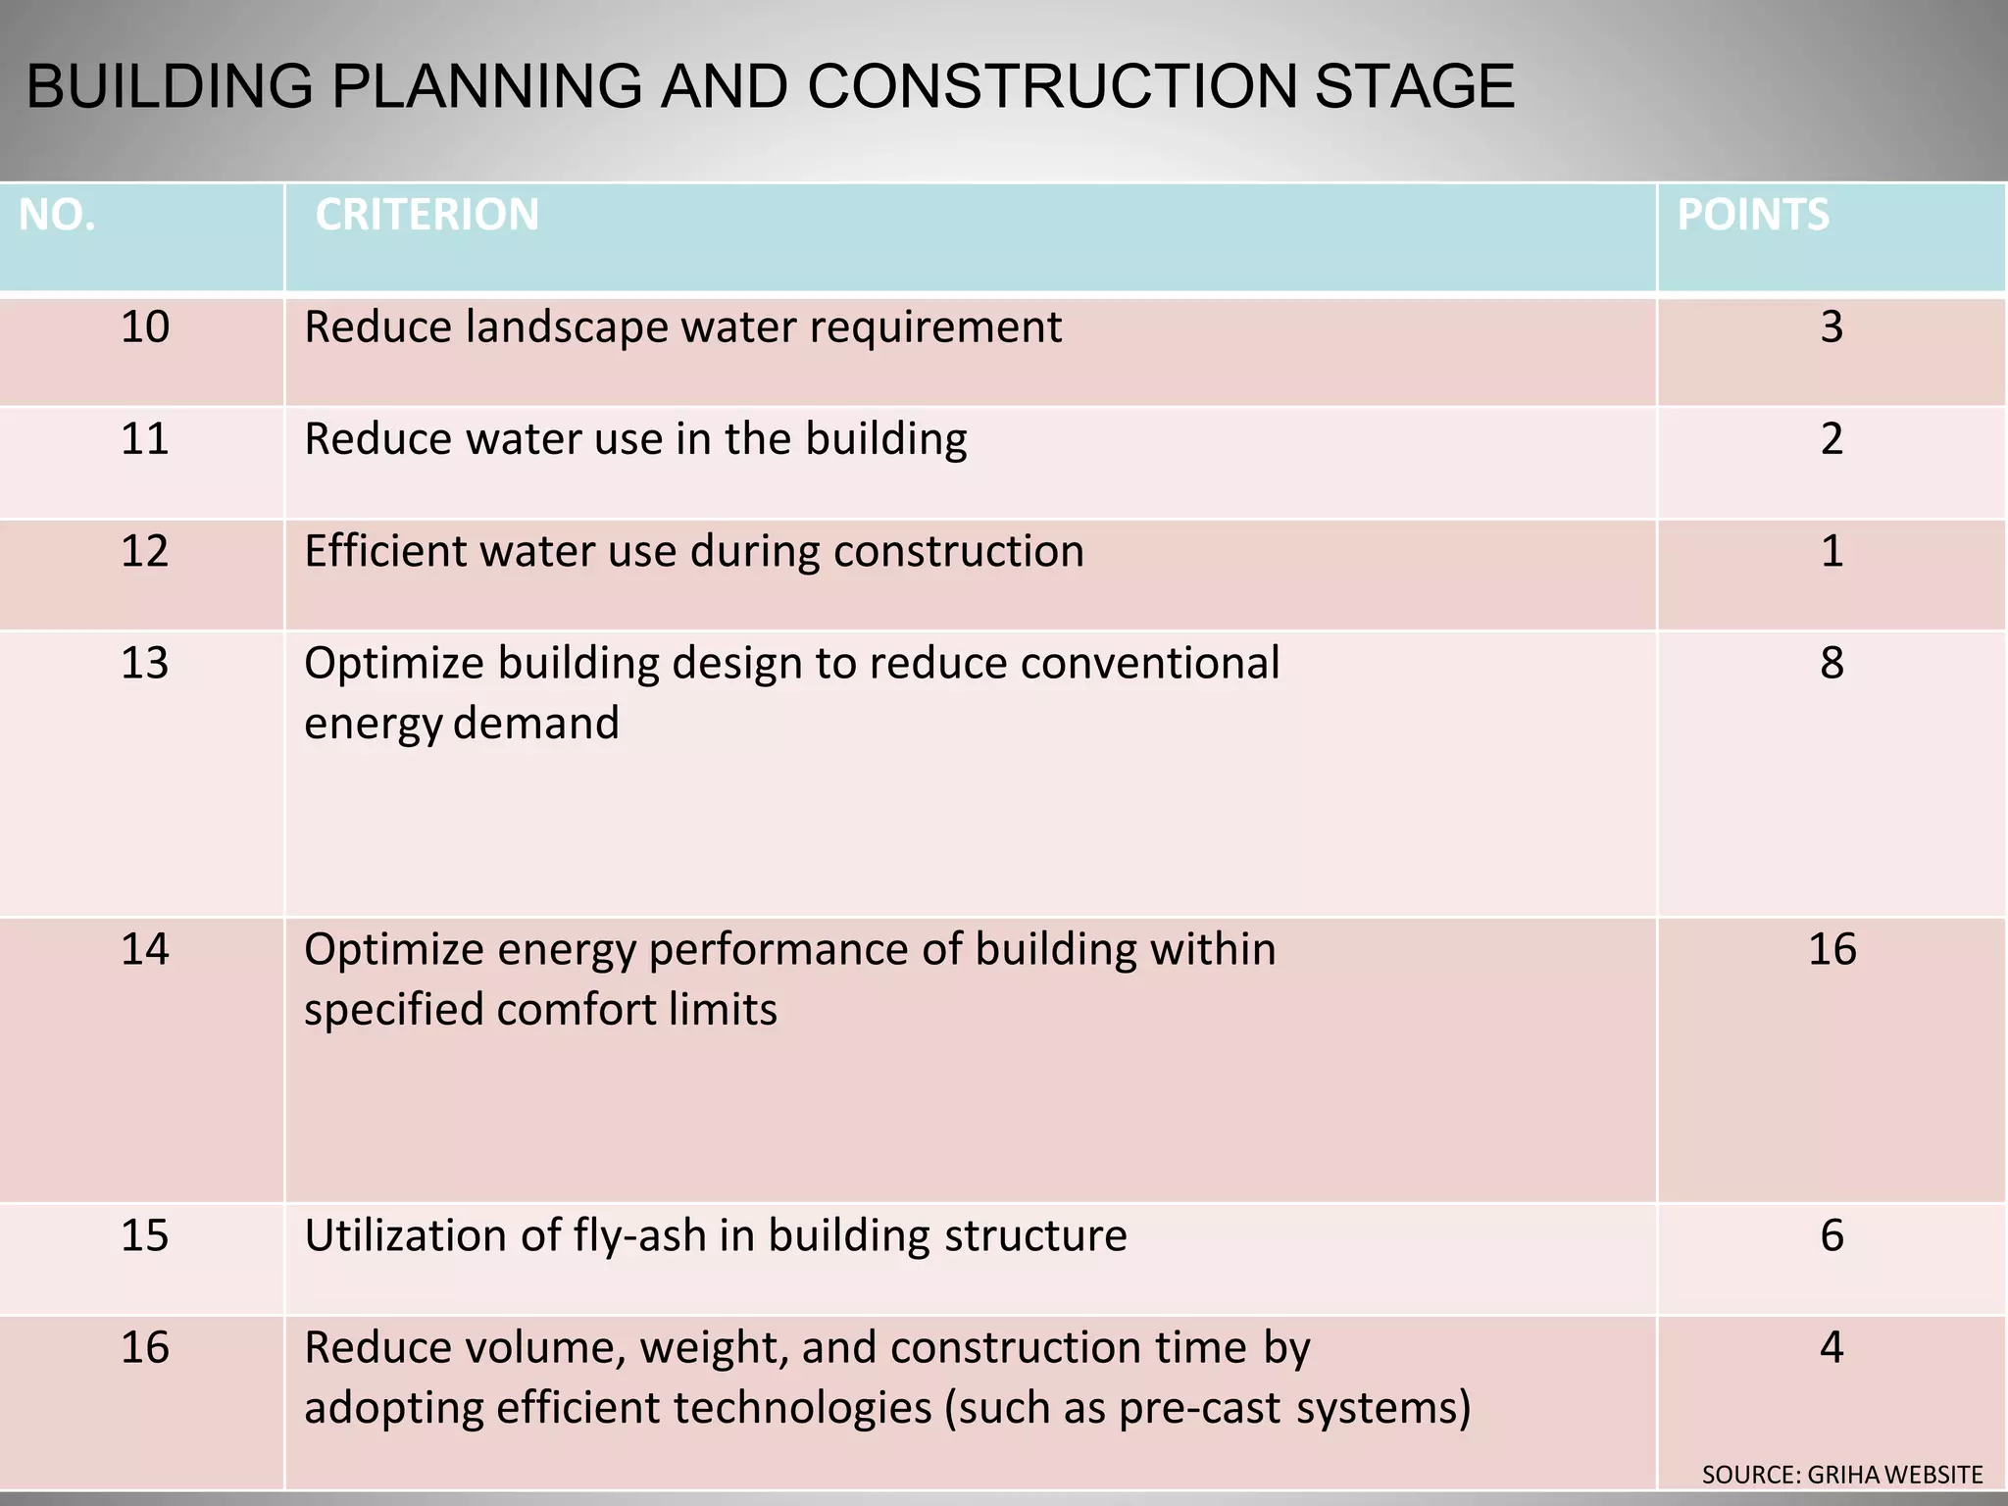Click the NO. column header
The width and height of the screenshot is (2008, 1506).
[x=57, y=215]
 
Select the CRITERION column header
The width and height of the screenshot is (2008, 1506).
[x=427, y=215]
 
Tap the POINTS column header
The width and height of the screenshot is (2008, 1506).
[x=1753, y=215]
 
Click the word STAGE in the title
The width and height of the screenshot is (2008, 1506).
[x=1414, y=86]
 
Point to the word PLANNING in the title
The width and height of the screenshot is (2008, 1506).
[x=486, y=86]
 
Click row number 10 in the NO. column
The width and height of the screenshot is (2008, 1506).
[x=144, y=326]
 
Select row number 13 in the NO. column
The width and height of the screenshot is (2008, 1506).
[x=144, y=664]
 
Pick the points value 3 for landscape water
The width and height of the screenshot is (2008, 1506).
[x=1832, y=326]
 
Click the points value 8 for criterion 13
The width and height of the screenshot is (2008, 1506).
[x=1832, y=664]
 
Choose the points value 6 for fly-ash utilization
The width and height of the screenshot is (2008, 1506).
[x=1832, y=1235]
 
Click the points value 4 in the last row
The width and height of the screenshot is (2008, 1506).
[x=1832, y=1348]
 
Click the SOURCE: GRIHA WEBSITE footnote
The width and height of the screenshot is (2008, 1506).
[x=1841, y=1475]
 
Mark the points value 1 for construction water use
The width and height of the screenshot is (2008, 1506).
[x=1832, y=551]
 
